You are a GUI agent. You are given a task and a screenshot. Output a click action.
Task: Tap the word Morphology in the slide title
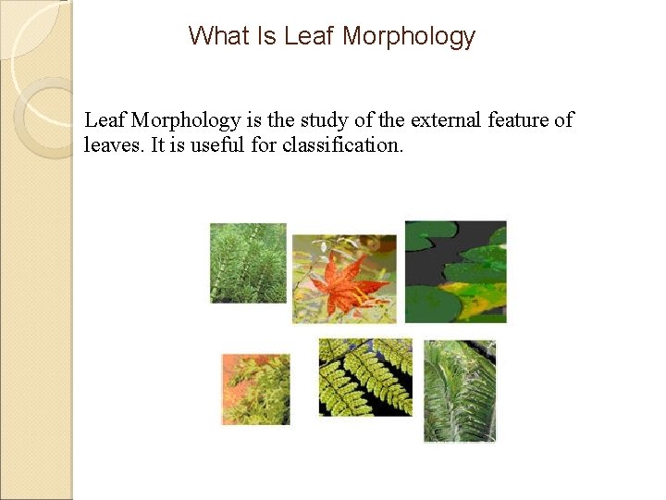pos(409,37)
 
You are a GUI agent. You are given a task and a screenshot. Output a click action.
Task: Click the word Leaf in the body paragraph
pos(105,120)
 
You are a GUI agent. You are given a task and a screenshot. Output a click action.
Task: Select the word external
pos(440,120)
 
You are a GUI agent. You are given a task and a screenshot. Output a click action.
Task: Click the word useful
pos(210,145)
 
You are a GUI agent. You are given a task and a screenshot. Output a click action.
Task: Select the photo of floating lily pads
pos(455,271)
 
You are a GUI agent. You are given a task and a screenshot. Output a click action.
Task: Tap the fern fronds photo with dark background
pos(364,377)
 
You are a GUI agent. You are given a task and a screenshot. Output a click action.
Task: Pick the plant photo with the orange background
pos(255,389)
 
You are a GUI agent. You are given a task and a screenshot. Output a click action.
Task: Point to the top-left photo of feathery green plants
pos(248,263)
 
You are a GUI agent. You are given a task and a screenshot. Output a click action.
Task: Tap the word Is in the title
pos(267,36)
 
